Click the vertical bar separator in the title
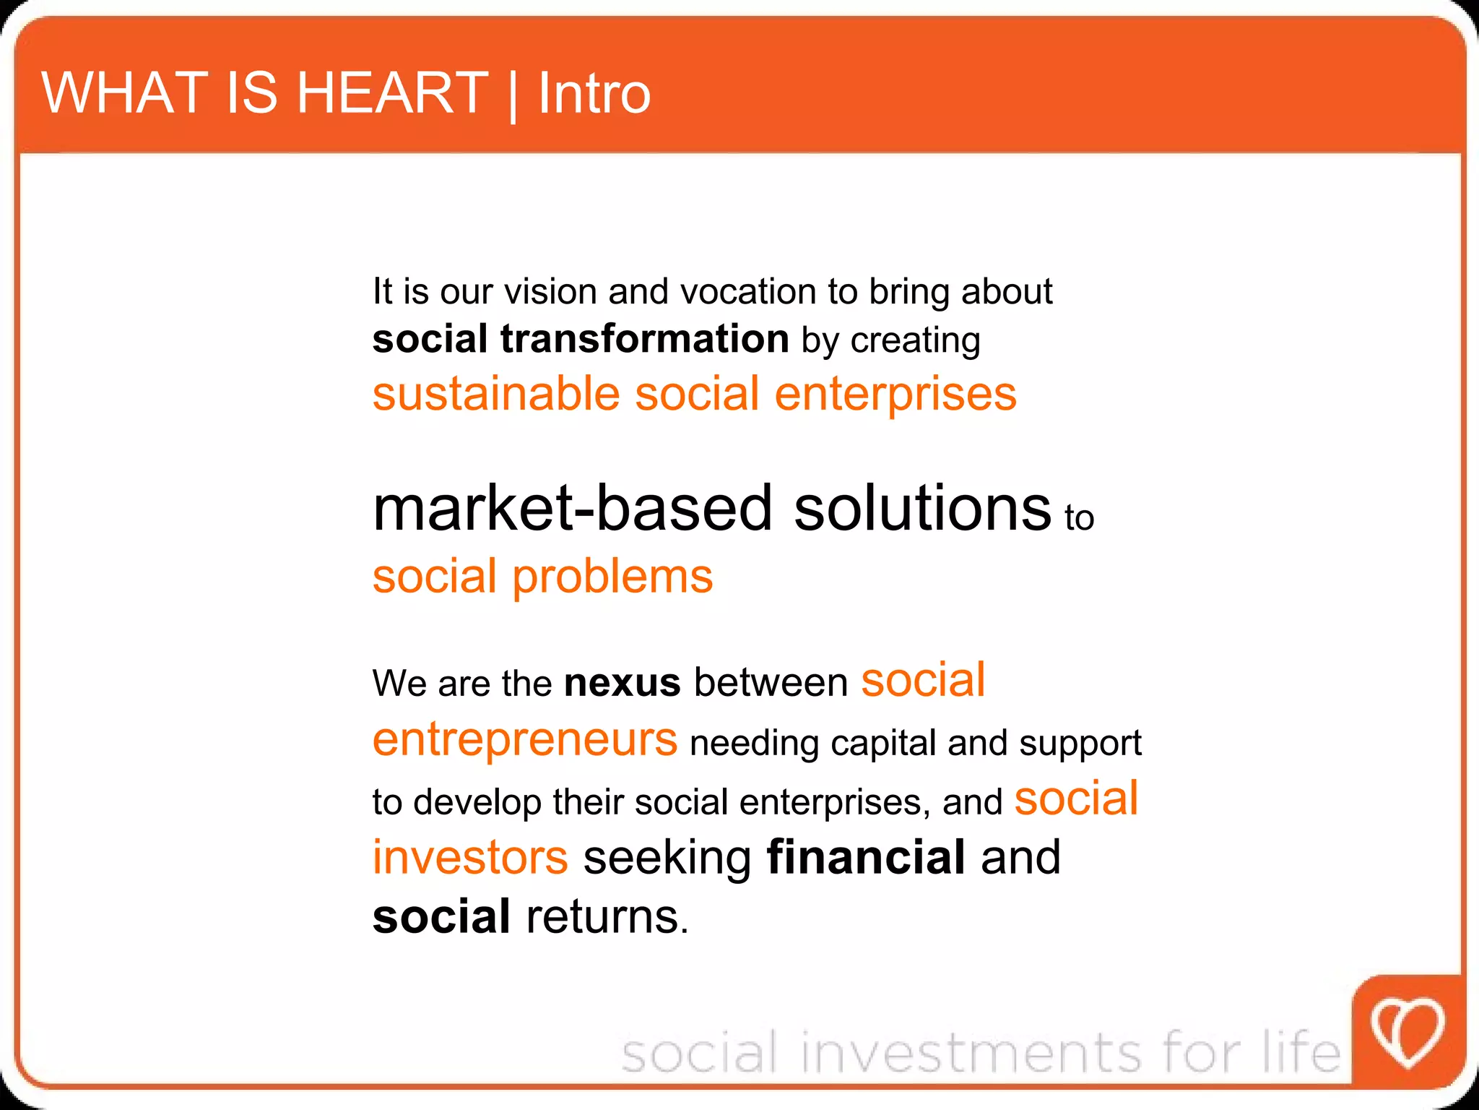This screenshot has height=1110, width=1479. pos(513,95)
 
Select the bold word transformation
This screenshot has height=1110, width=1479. pos(644,338)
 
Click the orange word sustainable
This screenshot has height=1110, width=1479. pos(496,394)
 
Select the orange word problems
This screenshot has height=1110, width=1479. pos(612,577)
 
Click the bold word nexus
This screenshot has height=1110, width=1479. pos(622,683)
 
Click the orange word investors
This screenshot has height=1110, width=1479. pos(470,857)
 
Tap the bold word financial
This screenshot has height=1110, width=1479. pos(865,857)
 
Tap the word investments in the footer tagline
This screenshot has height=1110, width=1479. pos(971,1052)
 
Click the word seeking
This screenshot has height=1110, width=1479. pos(667,857)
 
